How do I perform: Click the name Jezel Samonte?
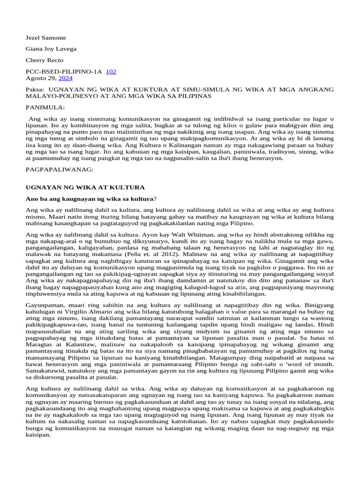point(45,37)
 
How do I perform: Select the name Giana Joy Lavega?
point(51,49)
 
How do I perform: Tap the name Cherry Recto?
point(44,60)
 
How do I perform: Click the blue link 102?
point(111,72)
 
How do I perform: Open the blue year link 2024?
point(66,78)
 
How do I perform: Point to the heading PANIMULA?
point(45,107)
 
